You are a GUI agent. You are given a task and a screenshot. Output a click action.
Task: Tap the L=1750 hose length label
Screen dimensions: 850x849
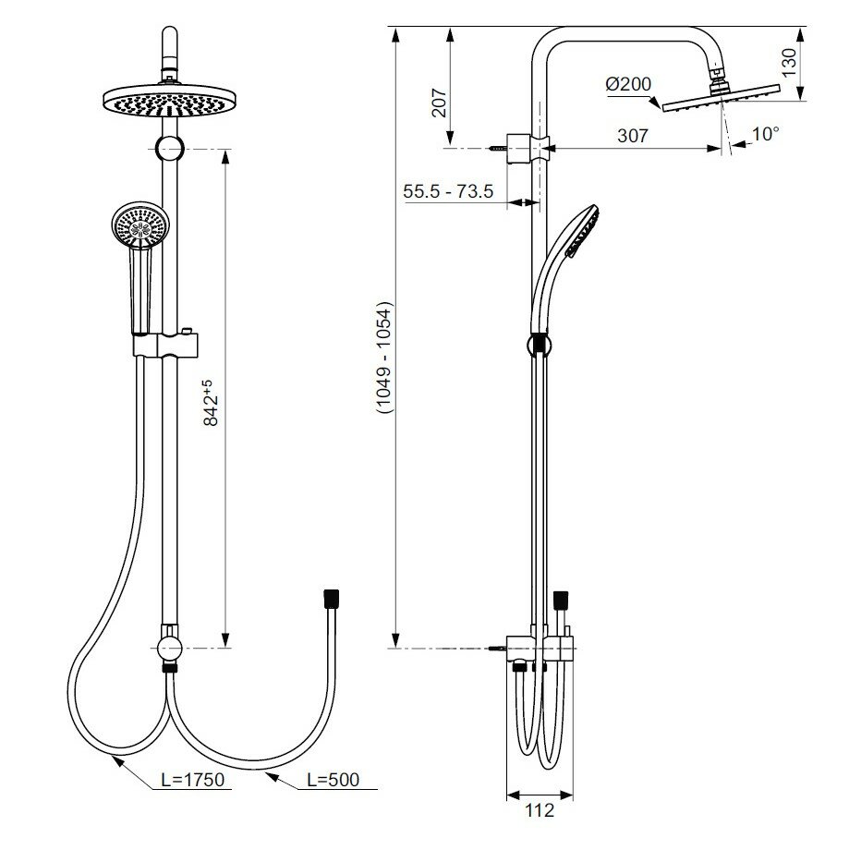pos(193,781)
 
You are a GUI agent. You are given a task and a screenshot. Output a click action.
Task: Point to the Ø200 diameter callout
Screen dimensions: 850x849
pos(628,84)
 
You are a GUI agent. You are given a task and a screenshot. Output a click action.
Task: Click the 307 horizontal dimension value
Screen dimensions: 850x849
pos(632,135)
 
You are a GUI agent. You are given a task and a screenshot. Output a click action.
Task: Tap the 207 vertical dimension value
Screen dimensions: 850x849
pos(439,103)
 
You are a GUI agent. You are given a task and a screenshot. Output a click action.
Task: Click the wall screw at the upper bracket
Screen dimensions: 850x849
pos(500,147)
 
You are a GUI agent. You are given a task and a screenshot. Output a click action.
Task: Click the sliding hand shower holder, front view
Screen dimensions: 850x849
pos(169,344)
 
